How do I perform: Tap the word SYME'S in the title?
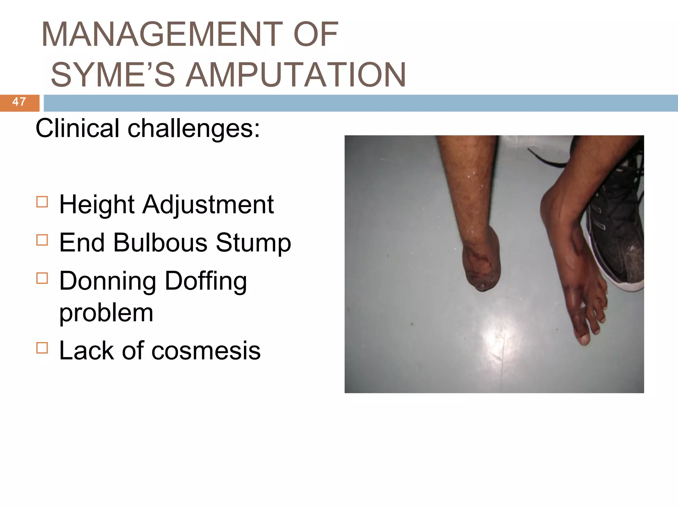pos(113,75)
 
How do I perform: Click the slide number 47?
pos(19,102)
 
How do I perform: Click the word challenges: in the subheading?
pos(194,128)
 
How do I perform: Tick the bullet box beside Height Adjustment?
pos(42,202)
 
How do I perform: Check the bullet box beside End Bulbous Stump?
pos(42,240)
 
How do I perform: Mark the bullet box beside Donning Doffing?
pos(42,278)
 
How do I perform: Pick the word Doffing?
pos(206,281)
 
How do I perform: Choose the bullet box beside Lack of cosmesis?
pos(42,348)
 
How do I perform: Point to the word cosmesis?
pos(206,351)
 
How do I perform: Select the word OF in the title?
pos(315,34)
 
